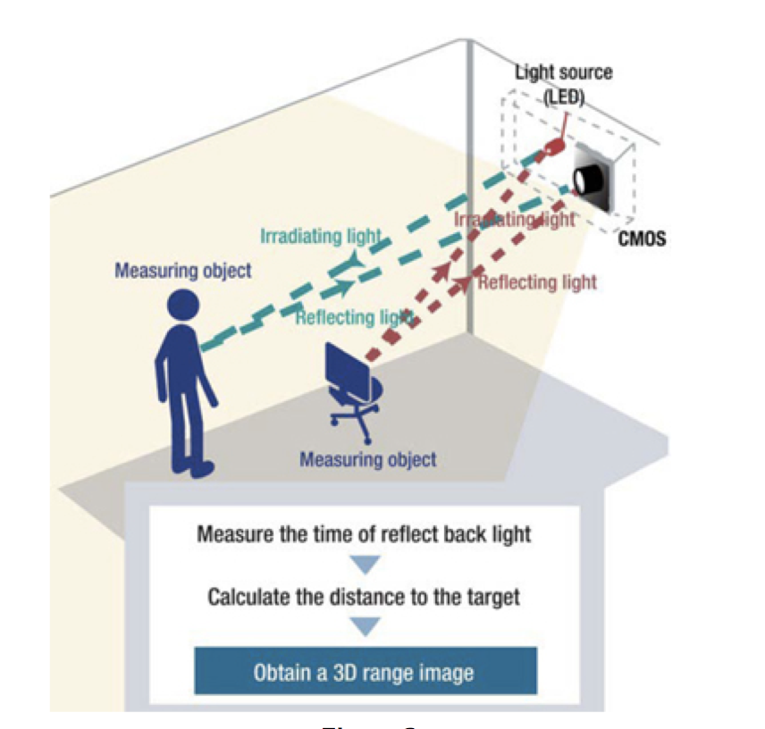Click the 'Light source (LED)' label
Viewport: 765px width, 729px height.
[x=563, y=85]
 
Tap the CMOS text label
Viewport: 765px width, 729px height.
[x=643, y=240]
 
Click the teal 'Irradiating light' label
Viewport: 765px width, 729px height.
[x=321, y=237]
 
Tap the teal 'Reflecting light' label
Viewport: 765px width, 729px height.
[x=354, y=317]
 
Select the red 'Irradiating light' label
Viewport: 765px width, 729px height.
[x=514, y=219]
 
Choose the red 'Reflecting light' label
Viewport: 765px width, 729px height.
[x=537, y=282]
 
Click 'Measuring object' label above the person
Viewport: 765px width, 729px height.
[x=183, y=270]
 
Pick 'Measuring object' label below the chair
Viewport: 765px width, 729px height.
[x=368, y=460]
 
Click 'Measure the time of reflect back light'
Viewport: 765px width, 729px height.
[x=364, y=534]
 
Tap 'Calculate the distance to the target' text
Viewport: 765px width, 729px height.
[x=364, y=596]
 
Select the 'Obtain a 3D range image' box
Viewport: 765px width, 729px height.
[x=366, y=672]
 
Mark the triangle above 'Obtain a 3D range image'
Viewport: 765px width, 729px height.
[x=364, y=628]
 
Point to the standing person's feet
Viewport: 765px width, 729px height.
[x=192, y=466]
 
